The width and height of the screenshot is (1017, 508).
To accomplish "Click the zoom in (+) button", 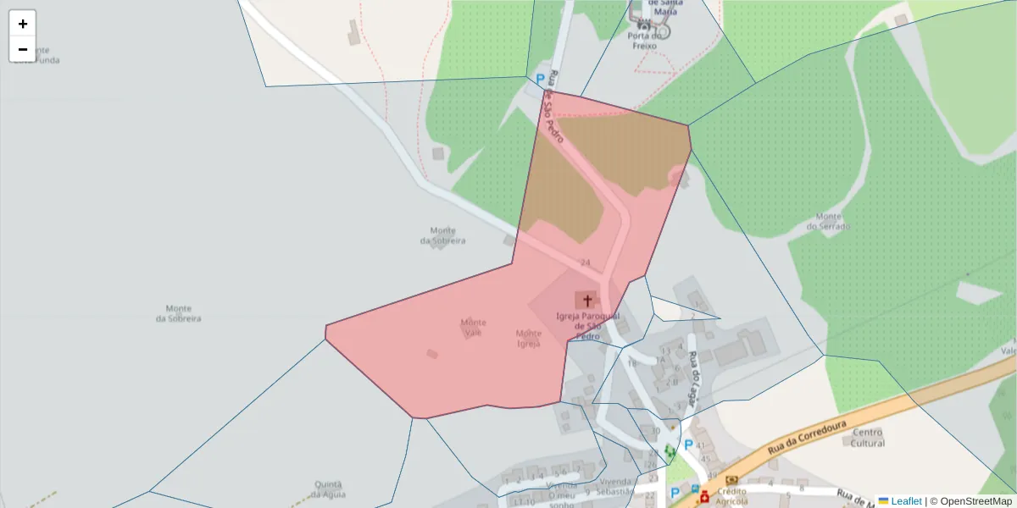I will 23,24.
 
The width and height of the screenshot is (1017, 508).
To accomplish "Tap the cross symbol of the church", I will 586,301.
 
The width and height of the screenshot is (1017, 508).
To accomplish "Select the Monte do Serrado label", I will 827,221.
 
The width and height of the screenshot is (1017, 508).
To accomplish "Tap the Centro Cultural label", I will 868,438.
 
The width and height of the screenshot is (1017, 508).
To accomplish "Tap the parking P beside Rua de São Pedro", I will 540,80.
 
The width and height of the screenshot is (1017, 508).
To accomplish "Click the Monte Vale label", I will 473,328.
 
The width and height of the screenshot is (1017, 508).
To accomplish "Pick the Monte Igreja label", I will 529,338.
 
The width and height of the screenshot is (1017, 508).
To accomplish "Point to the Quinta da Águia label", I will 327,489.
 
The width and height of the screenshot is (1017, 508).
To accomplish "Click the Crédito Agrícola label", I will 731,496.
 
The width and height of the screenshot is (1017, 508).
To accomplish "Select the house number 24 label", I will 586,262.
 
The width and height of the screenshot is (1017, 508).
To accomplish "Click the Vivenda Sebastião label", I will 614,486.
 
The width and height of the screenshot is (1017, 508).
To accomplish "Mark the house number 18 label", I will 631,363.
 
